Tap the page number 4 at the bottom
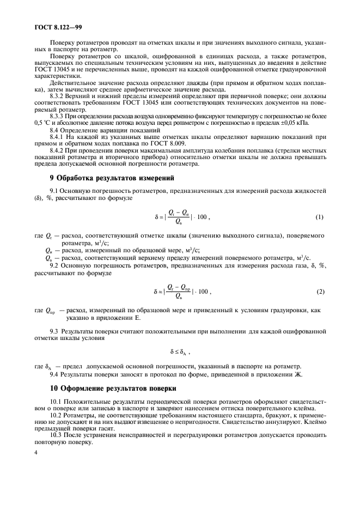pos(35,453)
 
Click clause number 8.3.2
pos(58,94)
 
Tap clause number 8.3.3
pos(58,116)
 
